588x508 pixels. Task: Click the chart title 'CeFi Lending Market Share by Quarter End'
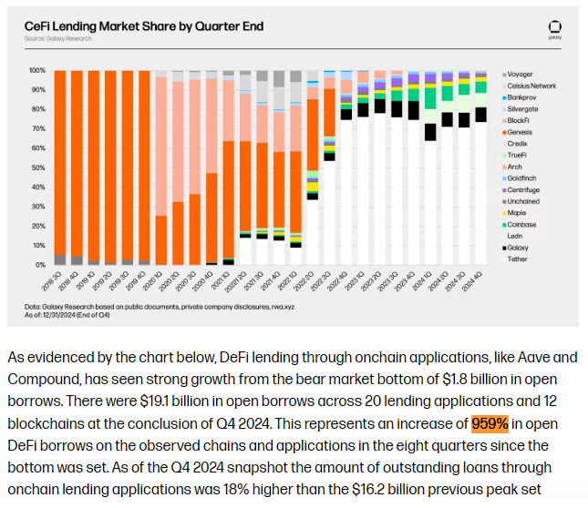144,26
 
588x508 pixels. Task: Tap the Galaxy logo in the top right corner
553,27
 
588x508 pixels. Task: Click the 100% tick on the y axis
37,70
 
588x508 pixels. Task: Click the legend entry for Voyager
522,74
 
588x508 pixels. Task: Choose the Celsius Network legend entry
531,86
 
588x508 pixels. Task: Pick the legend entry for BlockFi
521,120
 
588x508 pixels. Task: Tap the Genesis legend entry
522,132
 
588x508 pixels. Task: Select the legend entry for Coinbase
524,224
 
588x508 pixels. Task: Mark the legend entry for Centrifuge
526,189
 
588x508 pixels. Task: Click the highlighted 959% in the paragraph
490,423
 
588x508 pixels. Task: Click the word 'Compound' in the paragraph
44,378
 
